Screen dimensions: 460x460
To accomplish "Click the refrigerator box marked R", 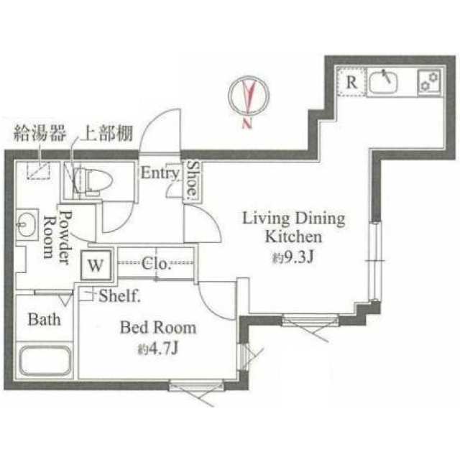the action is click(351, 81).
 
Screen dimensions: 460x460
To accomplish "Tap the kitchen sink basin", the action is click(383, 81).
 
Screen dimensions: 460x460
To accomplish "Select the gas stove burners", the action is click(429, 81).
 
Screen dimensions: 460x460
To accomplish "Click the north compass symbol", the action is click(249, 96).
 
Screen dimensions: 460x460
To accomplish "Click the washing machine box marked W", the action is click(96, 265).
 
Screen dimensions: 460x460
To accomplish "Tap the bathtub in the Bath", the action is click(45, 361).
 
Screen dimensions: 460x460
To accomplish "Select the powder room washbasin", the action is click(27, 224).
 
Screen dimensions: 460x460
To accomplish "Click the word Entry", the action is click(160, 172).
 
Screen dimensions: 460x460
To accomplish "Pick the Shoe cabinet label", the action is click(193, 179).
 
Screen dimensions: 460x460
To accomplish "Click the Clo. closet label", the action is click(156, 264).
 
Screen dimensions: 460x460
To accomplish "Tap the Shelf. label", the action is click(119, 295).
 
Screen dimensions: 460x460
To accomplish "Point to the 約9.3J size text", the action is click(293, 257).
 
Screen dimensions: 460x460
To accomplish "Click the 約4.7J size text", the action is click(158, 349).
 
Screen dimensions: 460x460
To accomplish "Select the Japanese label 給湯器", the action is click(40, 133).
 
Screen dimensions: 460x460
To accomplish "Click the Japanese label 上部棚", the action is click(107, 133).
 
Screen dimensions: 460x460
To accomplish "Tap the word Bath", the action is click(44, 319).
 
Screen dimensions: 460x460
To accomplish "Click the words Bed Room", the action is click(158, 328).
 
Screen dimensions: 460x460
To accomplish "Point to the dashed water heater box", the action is click(38, 170).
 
